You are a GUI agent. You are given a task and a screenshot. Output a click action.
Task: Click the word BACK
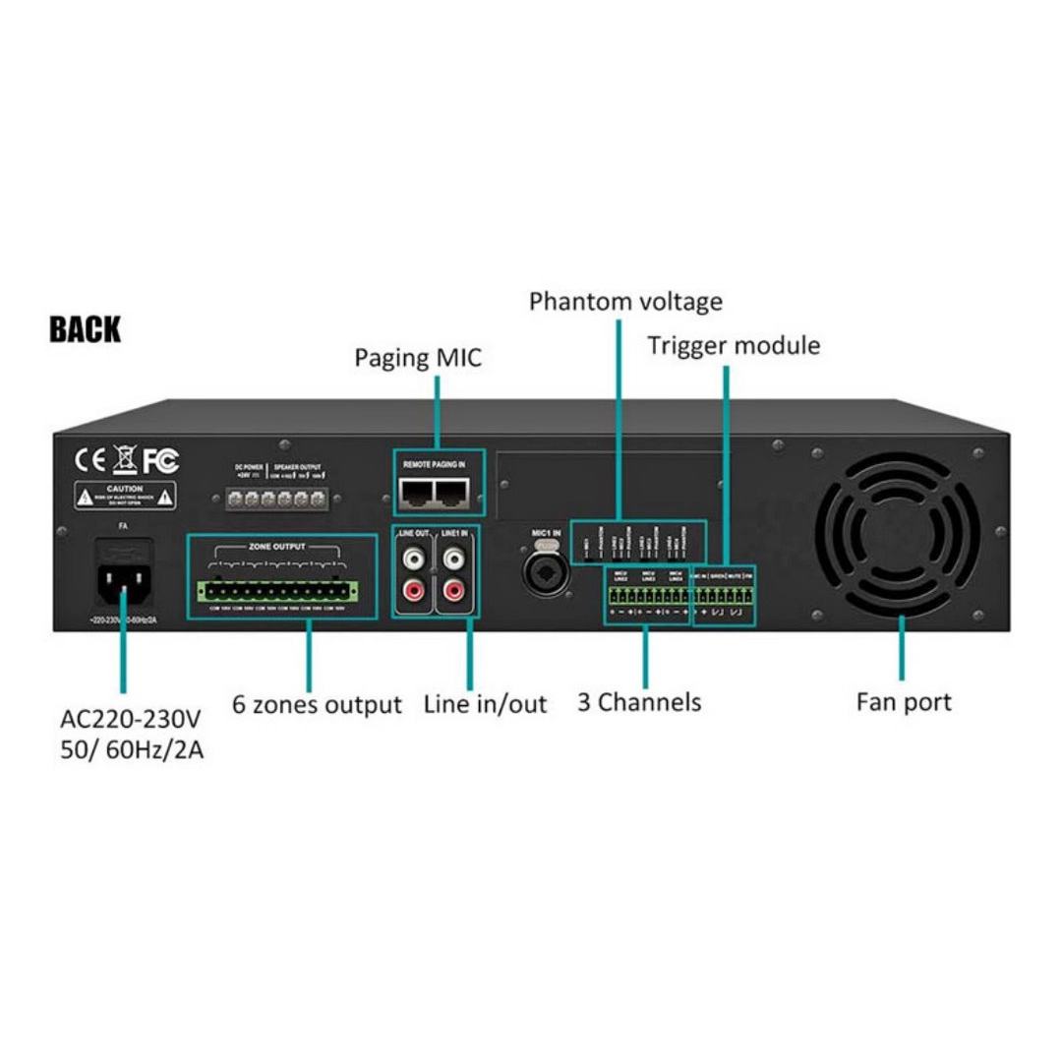(x=86, y=330)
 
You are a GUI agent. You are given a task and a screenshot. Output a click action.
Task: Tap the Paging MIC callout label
(x=418, y=357)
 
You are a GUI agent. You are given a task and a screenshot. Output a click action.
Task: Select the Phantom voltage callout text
(x=625, y=301)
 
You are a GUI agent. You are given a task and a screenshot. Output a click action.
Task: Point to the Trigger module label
(x=734, y=345)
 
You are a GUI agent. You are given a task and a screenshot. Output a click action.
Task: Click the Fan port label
(x=904, y=702)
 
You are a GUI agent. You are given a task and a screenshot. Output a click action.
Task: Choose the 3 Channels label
(x=639, y=702)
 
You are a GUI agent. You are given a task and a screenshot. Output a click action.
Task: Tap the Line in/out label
(x=485, y=704)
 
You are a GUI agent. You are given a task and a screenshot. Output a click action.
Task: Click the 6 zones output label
(x=317, y=704)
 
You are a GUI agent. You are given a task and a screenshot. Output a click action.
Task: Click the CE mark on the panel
(x=90, y=460)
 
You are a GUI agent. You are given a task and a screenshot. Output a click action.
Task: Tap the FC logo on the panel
(x=160, y=460)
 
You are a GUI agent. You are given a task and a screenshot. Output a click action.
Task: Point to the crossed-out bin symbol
(x=124, y=459)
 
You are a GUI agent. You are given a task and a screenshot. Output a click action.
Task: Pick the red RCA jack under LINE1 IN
(x=453, y=592)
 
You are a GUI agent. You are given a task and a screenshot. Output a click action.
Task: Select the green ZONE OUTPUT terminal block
(x=278, y=592)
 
